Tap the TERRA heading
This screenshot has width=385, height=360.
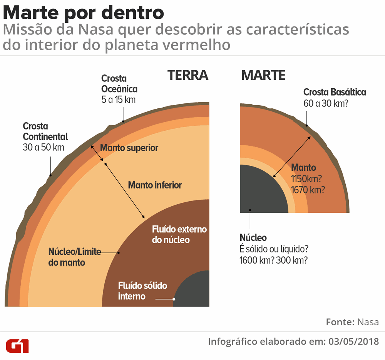point(187,75)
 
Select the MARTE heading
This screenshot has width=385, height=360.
point(263,75)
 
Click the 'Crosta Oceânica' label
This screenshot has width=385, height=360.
point(119,84)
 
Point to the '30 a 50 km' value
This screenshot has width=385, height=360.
point(44,147)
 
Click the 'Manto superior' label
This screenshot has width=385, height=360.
point(129,148)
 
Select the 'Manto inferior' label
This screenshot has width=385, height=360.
point(155,185)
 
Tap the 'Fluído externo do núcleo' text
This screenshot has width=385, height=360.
point(179,234)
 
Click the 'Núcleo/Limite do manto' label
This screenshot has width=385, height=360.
point(74,257)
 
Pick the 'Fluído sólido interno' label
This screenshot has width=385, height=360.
point(142,291)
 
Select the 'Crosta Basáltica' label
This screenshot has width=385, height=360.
point(335,92)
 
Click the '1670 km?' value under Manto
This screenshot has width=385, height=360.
point(308,190)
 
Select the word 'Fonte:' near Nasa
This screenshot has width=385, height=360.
point(340,322)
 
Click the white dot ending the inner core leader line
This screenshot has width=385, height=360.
point(174,299)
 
